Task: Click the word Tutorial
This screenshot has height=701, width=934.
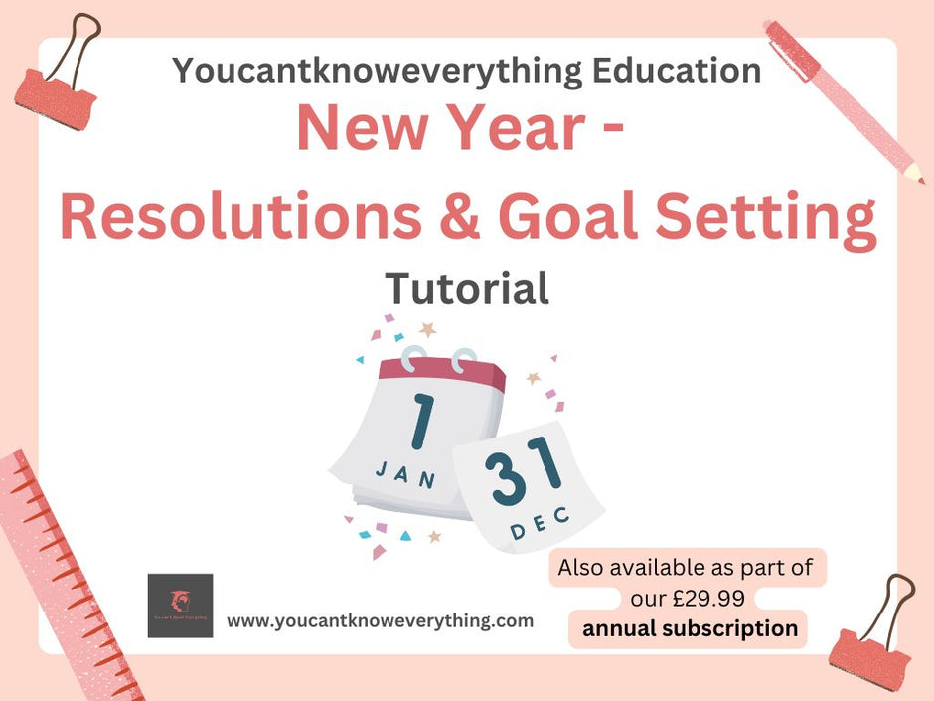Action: pos(467,289)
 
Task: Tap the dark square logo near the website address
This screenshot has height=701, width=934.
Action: pos(180,606)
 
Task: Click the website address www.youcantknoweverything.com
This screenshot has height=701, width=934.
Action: pos(381,621)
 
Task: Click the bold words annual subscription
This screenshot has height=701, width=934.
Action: pos(690,628)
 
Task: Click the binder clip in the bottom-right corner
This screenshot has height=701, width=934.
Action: pos(873,626)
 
